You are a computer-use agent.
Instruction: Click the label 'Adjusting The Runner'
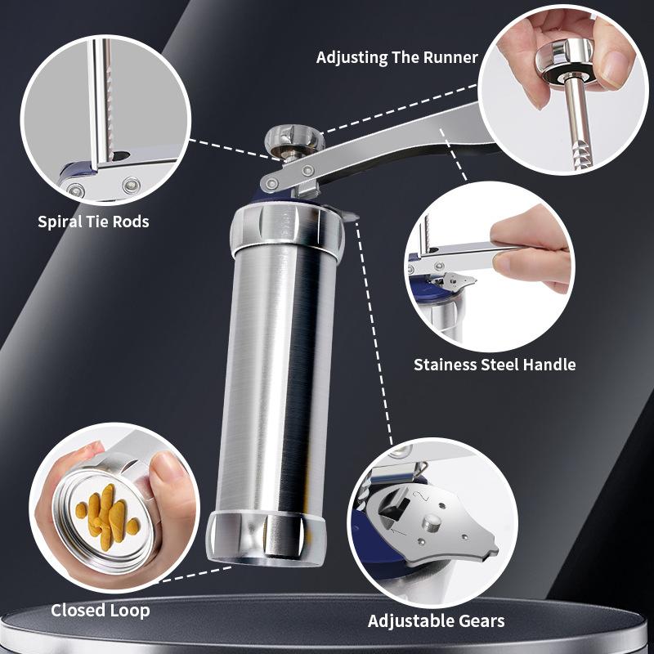pyautogui.click(x=397, y=58)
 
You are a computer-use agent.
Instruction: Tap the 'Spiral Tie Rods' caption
pyautogui.click(x=93, y=222)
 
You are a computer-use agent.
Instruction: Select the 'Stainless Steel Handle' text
pyautogui.click(x=495, y=365)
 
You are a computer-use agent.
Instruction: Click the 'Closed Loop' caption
pyautogui.click(x=101, y=610)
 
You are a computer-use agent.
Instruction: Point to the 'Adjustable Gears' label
pyautogui.click(x=436, y=620)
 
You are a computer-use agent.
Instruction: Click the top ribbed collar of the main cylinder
pyautogui.click(x=286, y=229)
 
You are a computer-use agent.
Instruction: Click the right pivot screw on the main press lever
pyautogui.click(x=308, y=169)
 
